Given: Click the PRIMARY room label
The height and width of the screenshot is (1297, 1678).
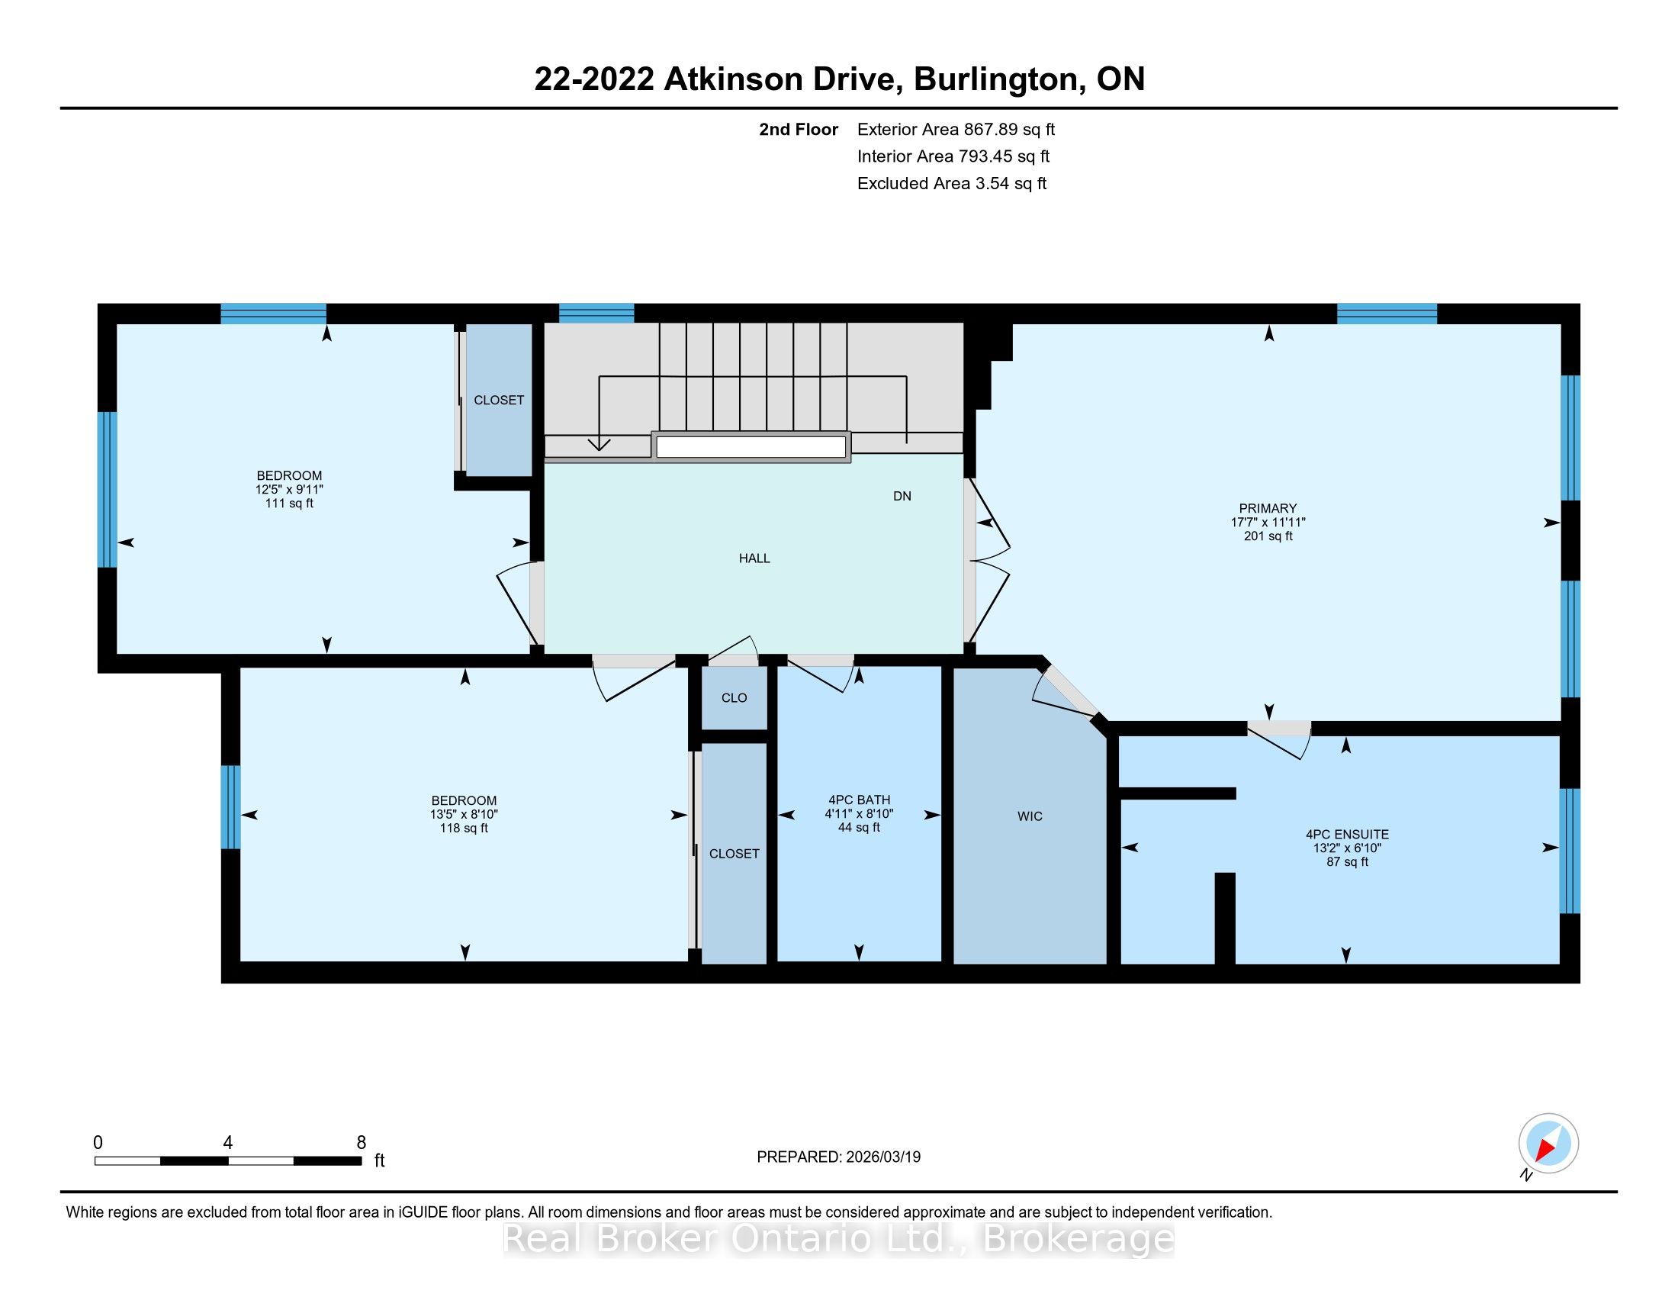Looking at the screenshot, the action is (x=1268, y=508).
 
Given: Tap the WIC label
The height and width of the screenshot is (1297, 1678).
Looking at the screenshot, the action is (x=1030, y=816).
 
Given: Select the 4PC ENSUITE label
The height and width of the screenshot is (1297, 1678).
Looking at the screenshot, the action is (x=1347, y=834).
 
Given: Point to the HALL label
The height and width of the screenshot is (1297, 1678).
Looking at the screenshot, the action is (x=754, y=558).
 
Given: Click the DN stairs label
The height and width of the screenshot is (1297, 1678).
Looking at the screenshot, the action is (x=902, y=497).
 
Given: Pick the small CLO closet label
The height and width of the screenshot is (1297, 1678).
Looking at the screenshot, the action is (x=734, y=697).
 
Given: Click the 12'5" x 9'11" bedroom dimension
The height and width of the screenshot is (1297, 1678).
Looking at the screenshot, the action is (x=290, y=490).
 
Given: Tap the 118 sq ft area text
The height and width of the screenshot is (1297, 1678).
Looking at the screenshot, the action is (x=463, y=829).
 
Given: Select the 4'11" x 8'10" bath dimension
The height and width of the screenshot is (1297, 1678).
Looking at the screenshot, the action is (x=859, y=814).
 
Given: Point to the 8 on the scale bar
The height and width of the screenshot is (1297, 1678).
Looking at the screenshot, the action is (x=361, y=1143).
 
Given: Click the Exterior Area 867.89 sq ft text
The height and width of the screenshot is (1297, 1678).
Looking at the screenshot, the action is (x=956, y=130).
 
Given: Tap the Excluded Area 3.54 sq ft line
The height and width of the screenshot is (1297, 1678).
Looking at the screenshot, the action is (x=952, y=184).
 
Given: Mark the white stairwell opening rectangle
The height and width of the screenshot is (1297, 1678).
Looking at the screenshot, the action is (x=751, y=447).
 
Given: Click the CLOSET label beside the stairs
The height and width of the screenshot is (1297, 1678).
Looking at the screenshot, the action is (x=499, y=401).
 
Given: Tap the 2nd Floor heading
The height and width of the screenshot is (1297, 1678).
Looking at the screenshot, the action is (x=799, y=130).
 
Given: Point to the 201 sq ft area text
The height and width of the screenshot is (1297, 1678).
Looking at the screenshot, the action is (x=1268, y=536).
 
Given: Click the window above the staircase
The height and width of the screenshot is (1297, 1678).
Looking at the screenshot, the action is (x=596, y=314).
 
